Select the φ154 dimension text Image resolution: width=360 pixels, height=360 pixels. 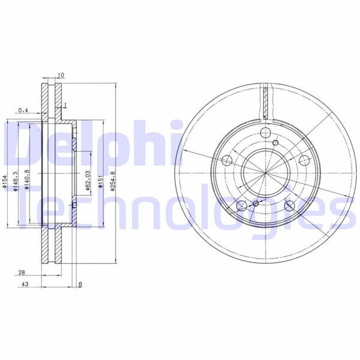click(x=5, y=181)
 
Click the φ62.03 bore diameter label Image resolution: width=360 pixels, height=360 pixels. click(x=88, y=181)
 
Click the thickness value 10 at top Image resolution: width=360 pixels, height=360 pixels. click(x=61, y=75)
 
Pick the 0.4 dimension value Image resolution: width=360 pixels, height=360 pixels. click(x=23, y=110)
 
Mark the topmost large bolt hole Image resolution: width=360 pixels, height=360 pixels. click(x=266, y=133)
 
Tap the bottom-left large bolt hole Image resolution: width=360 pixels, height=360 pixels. click(x=242, y=207)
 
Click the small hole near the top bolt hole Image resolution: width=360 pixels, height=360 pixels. click(x=275, y=143)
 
